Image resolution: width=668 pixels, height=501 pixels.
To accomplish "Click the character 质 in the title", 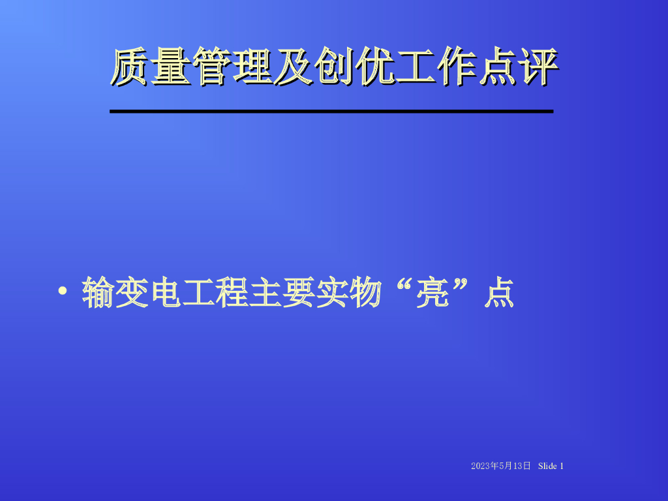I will (x=130, y=67).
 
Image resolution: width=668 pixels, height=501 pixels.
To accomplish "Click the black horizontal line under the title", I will (x=331, y=112).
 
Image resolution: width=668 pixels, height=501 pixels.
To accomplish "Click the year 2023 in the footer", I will (x=479, y=466).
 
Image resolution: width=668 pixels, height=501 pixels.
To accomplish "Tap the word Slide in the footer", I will (x=548, y=466).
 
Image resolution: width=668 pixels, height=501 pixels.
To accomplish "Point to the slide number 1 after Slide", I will (x=561, y=466).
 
